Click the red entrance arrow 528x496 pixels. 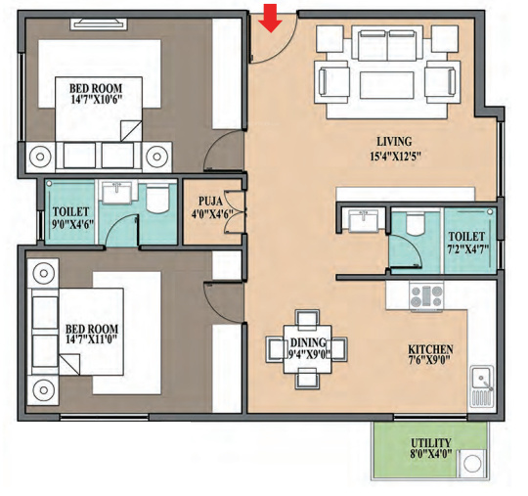271,19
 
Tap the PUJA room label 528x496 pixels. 210,202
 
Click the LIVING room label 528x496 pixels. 394,142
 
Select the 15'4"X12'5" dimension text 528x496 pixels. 396,157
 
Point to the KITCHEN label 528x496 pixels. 430,349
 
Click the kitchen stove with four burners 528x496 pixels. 426,296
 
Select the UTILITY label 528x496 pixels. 430,443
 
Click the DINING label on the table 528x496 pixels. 308,343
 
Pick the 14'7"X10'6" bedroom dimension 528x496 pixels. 96,100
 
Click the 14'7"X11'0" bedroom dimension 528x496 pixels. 92,339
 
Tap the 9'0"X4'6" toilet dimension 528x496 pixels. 72,224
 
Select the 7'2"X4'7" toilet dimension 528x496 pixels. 468,249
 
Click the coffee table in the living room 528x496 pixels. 387,85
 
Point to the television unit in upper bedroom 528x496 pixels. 99,24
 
